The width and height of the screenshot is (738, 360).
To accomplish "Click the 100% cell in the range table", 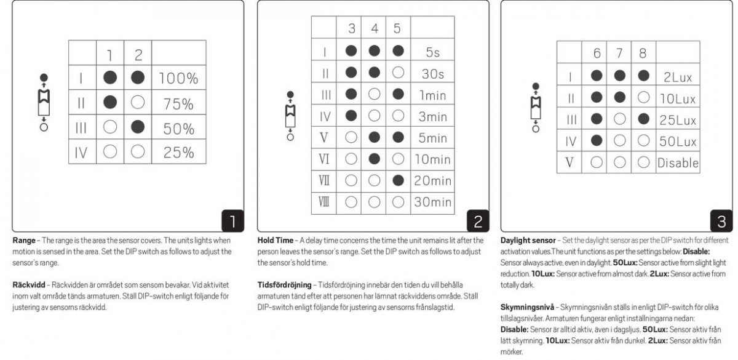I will tap(178, 78).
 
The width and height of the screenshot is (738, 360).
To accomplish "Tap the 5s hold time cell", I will tap(432, 52).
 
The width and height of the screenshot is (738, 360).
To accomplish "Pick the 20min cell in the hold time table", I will tap(432, 181).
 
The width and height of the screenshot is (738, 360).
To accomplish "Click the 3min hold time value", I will tap(432, 116).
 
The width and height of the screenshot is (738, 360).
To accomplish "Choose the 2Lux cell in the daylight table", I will tap(678, 77).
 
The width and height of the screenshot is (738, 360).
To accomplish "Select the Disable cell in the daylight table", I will tap(678, 163).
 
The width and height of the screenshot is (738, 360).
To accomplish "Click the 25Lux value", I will tap(678, 120).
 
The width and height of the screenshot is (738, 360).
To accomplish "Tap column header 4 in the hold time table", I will tap(375, 28).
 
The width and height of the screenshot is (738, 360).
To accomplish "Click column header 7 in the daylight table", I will tap(619, 53).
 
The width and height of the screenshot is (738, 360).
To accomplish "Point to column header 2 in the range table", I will tap(138, 55).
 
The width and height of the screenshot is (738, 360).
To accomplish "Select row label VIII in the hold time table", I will tap(325, 202).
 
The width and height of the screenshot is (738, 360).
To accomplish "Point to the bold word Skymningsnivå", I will tap(528, 306).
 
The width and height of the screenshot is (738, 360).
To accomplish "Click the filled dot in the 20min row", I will tap(397, 181).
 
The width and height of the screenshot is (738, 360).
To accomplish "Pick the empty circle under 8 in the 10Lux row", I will tap(643, 98).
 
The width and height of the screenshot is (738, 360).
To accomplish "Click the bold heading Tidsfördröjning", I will tap(285, 285).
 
